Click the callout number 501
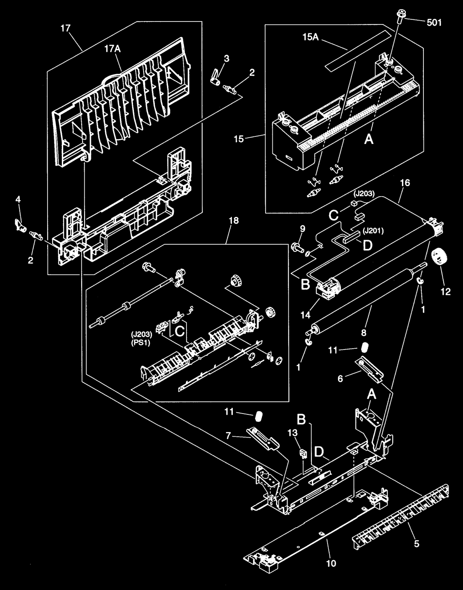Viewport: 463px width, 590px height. (434, 23)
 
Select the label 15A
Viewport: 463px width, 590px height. (311, 37)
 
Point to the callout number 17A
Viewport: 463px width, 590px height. (113, 49)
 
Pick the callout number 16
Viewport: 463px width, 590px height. (405, 183)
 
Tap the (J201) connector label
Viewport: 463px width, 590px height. (373, 231)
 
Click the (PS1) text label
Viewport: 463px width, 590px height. (141, 343)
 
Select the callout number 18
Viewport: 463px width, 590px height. (234, 220)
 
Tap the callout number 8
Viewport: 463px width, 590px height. (364, 332)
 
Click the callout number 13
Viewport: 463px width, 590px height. (293, 432)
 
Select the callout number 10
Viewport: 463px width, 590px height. (331, 563)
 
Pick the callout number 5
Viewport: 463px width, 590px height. (417, 543)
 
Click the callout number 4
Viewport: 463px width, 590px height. (18, 200)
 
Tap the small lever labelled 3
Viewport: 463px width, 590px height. (215, 78)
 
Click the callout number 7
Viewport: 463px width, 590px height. (229, 436)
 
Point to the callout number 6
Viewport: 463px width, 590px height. (340, 379)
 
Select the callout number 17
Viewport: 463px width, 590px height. (65, 28)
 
